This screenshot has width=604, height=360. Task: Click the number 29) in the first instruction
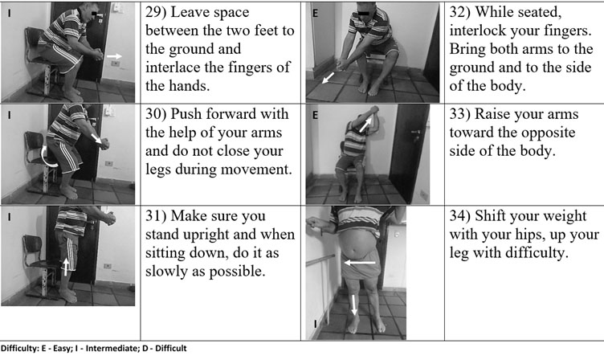(x=155, y=13)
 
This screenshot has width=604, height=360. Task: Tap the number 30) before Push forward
(x=155, y=114)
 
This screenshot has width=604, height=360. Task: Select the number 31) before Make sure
(x=155, y=216)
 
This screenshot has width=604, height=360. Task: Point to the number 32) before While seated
(x=459, y=13)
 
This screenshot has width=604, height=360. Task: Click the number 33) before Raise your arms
(x=459, y=114)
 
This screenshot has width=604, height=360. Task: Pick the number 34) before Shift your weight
(x=459, y=216)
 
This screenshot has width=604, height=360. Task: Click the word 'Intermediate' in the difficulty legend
(x=109, y=349)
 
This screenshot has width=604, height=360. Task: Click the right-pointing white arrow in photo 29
(x=114, y=56)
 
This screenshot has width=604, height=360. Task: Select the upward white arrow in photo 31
(x=66, y=266)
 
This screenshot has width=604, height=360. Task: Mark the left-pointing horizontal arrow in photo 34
(x=359, y=263)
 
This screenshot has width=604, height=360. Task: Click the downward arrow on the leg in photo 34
(x=353, y=305)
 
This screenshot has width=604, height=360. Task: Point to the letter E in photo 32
(x=315, y=14)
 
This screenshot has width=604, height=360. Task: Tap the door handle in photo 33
(x=415, y=133)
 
